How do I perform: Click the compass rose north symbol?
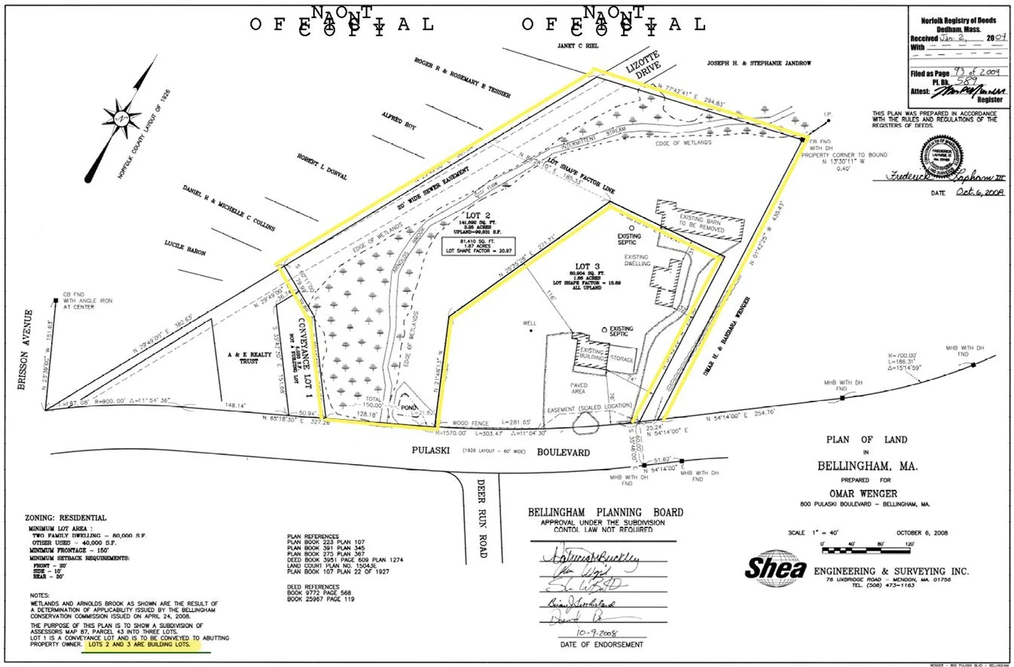[x=122, y=117]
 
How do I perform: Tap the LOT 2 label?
[x=477, y=216]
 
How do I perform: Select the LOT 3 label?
[x=587, y=266]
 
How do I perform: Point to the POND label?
[x=408, y=407]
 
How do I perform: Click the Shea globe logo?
[x=776, y=568]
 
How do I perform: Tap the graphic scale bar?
[x=866, y=550]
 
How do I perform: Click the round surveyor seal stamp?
[x=941, y=156]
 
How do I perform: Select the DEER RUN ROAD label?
[x=482, y=518]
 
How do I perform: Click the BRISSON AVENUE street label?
[x=25, y=349]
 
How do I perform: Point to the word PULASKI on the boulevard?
[x=430, y=450]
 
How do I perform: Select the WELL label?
[x=529, y=323]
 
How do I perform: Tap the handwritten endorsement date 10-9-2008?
[x=597, y=633]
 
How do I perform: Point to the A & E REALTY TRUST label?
[x=249, y=358]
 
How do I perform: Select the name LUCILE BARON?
[x=185, y=247]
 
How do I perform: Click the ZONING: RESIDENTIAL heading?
[x=65, y=518]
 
